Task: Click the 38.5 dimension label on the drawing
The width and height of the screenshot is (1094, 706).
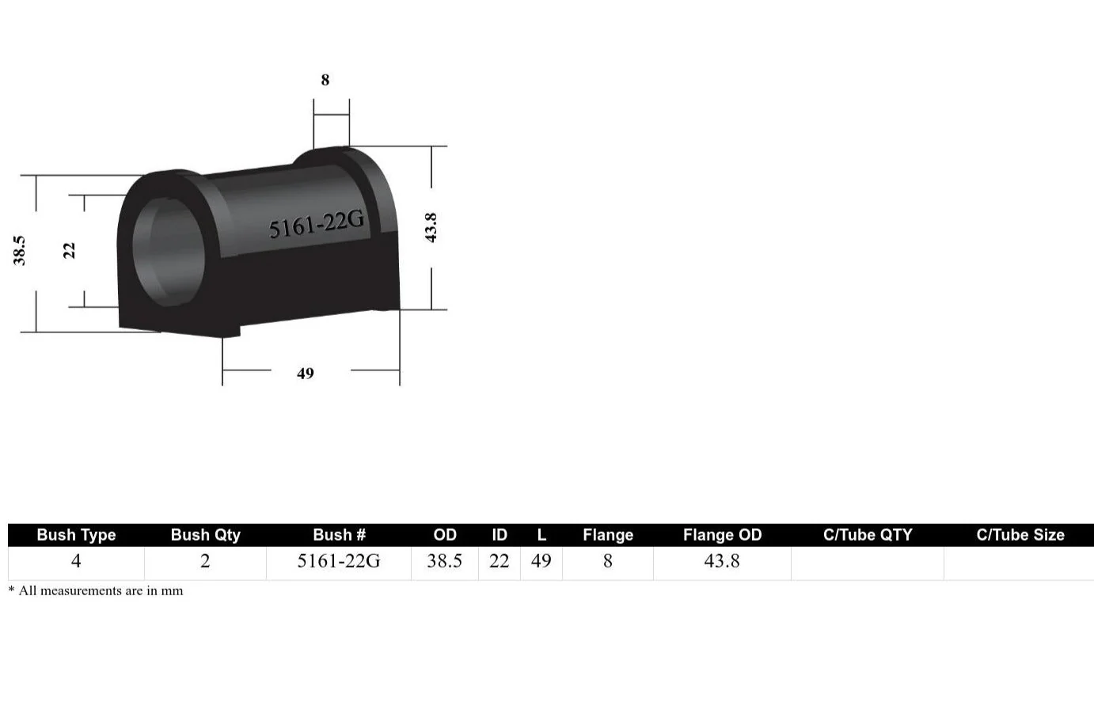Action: pyautogui.click(x=20, y=250)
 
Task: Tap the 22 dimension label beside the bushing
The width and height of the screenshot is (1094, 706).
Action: pyautogui.click(x=70, y=250)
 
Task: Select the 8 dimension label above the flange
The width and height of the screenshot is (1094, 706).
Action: pyautogui.click(x=325, y=80)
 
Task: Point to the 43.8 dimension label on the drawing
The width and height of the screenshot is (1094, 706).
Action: pyautogui.click(x=431, y=228)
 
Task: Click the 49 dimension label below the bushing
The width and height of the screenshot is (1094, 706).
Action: pyautogui.click(x=306, y=374)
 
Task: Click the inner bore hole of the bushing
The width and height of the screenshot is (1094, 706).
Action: pyautogui.click(x=169, y=251)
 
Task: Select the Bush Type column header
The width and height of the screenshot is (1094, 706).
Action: pyautogui.click(x=76, y=535)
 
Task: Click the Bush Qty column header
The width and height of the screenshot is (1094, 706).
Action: pyautogui.click(x=205, y=535)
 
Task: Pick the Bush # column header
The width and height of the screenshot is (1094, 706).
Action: pyautogui.click(x=339, y=535)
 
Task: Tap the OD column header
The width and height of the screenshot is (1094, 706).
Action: pyautogui.click(x=445, y=535)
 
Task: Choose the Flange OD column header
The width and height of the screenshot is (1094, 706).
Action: pyautogui.click(x=722, y=535)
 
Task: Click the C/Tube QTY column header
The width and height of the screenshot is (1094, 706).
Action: pyautogui.click(x=868, y=535)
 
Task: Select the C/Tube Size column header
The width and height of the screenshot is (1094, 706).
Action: pyautogui.click(x=1020, y=535)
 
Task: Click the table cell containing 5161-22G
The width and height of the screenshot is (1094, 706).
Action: pyautogui.click(x=339, y=561)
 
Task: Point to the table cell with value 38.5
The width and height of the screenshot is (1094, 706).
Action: pyautogui.click(x=444, y=561)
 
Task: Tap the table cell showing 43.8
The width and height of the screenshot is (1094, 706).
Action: pyautogui.click(x=722, y=561)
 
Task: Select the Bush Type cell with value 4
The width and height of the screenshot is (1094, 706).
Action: pyautogui.click(x=76, y=561)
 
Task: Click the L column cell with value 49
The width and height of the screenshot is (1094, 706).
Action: pyautogui.click(x=541, y=561)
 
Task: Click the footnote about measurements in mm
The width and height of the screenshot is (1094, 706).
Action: pyautogui.click(x=96, y=590)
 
